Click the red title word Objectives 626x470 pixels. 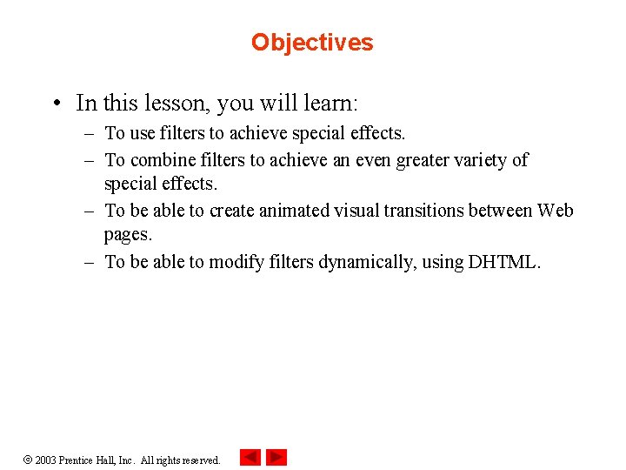[312, 43]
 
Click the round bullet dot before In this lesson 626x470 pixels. [56, 104]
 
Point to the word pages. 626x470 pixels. [128, 236]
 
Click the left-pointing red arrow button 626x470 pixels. [250, 457]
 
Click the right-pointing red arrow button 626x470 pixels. [276, 457]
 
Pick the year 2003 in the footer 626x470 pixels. [45, 460]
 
